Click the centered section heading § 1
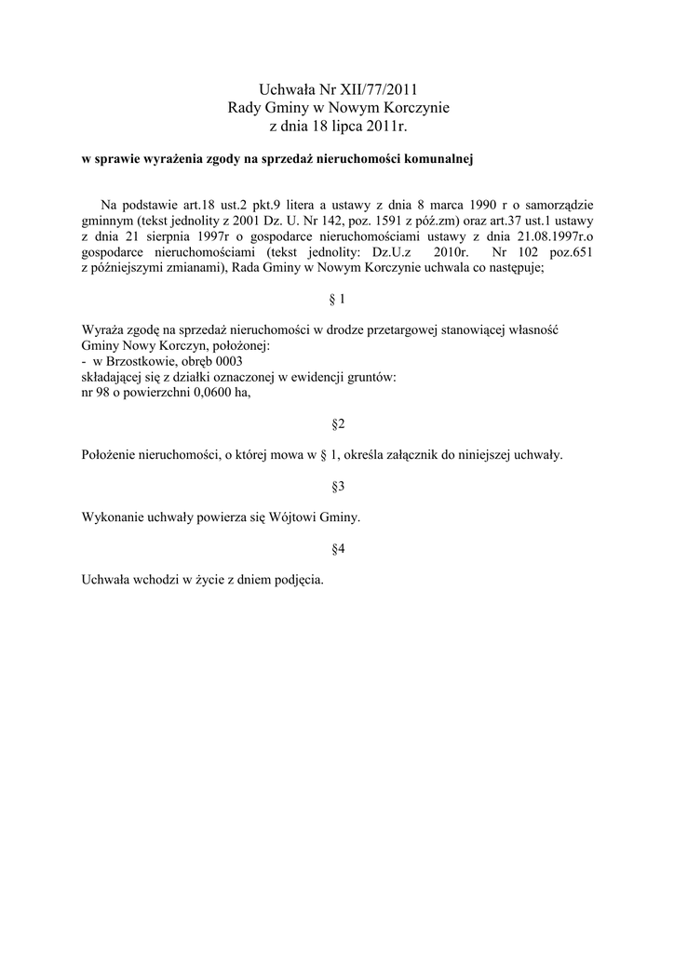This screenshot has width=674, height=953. [x=338, y=299]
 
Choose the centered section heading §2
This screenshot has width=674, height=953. [x=338, y=424]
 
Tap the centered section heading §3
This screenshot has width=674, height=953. [x=338, y=487]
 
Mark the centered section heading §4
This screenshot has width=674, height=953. [x=338, y=549]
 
